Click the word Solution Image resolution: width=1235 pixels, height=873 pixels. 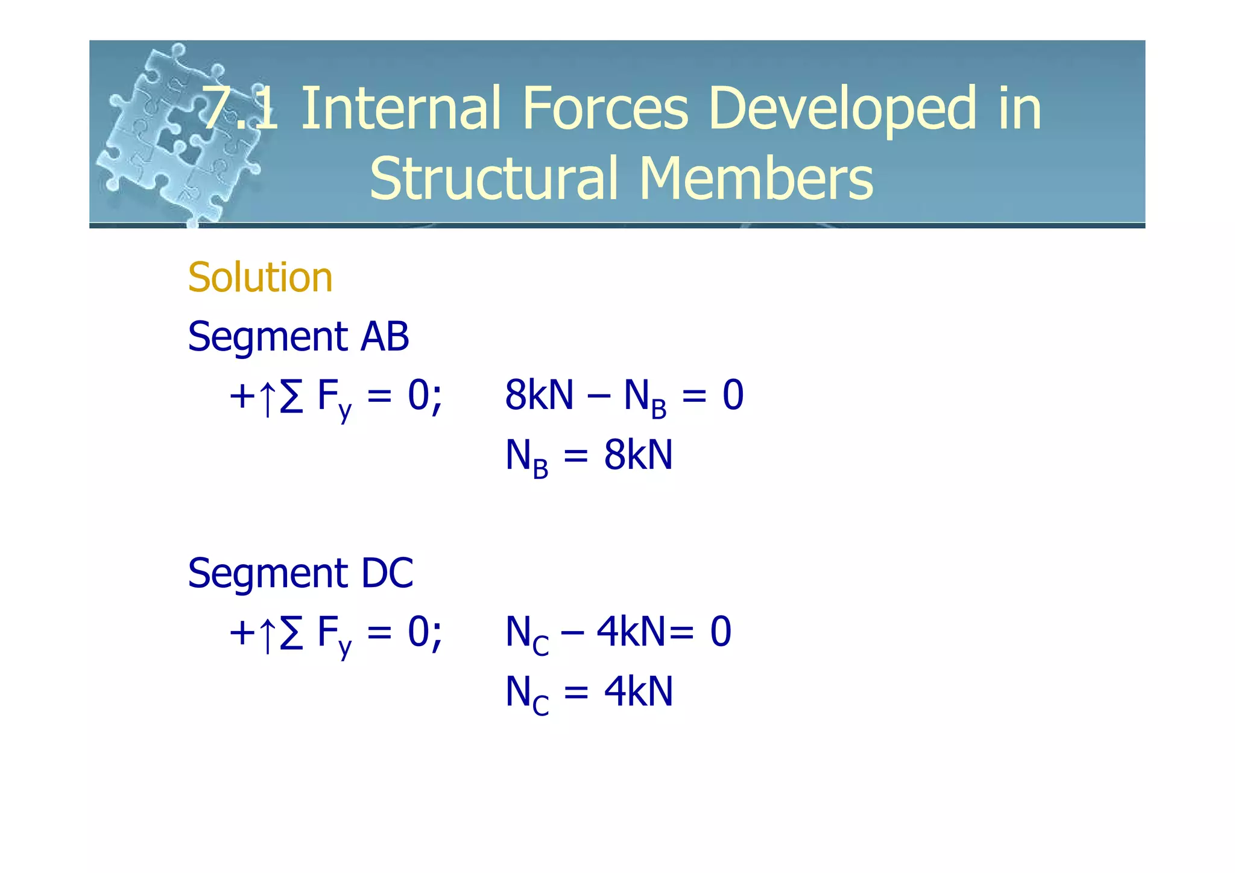260,278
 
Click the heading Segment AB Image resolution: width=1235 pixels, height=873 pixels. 298,337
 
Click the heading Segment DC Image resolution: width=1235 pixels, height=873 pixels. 300,573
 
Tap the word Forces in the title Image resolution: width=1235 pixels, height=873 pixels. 605,109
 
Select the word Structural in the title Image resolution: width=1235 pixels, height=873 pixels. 494,179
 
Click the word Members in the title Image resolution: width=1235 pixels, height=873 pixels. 756,179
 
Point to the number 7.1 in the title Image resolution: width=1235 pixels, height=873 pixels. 240,109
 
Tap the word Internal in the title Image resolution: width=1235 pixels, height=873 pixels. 400,109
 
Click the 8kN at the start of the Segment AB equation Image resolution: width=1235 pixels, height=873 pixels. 539,396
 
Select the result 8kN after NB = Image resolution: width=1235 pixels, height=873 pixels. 638,455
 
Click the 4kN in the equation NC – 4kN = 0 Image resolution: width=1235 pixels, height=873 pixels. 631,632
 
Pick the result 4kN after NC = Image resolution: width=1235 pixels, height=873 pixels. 638,691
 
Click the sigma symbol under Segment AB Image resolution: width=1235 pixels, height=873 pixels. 291,397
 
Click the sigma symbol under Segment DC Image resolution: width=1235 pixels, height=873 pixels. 291,633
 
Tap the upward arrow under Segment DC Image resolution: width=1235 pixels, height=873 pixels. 267,635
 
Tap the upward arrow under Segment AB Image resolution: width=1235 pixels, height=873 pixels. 267,398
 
